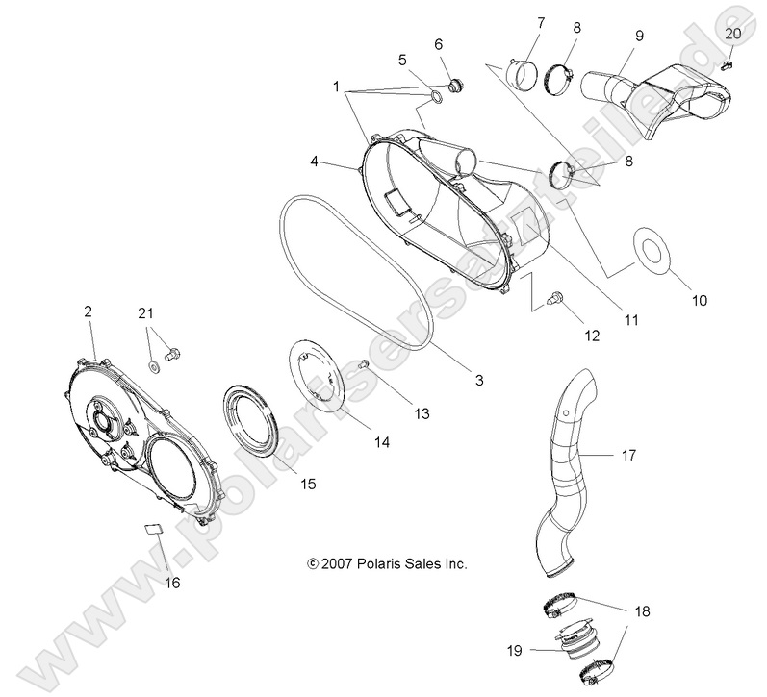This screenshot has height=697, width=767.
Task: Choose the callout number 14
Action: click(x=382, y=442)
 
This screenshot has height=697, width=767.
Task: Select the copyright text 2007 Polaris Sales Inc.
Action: click(x=387, y=564)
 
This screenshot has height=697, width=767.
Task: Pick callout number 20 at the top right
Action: click(x=732, y=33)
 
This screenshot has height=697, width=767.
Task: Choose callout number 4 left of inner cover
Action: click(x=314, y=162)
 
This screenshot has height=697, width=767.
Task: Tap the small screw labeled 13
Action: click(x=364, y=365)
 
